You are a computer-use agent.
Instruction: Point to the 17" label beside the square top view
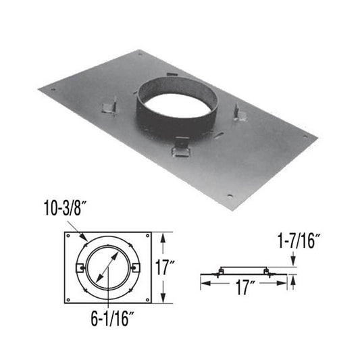click(x=179, y=267)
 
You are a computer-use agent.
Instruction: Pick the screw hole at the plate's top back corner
click(x=140, y=53)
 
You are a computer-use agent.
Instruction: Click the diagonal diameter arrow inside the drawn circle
click(x=107, y=267)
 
